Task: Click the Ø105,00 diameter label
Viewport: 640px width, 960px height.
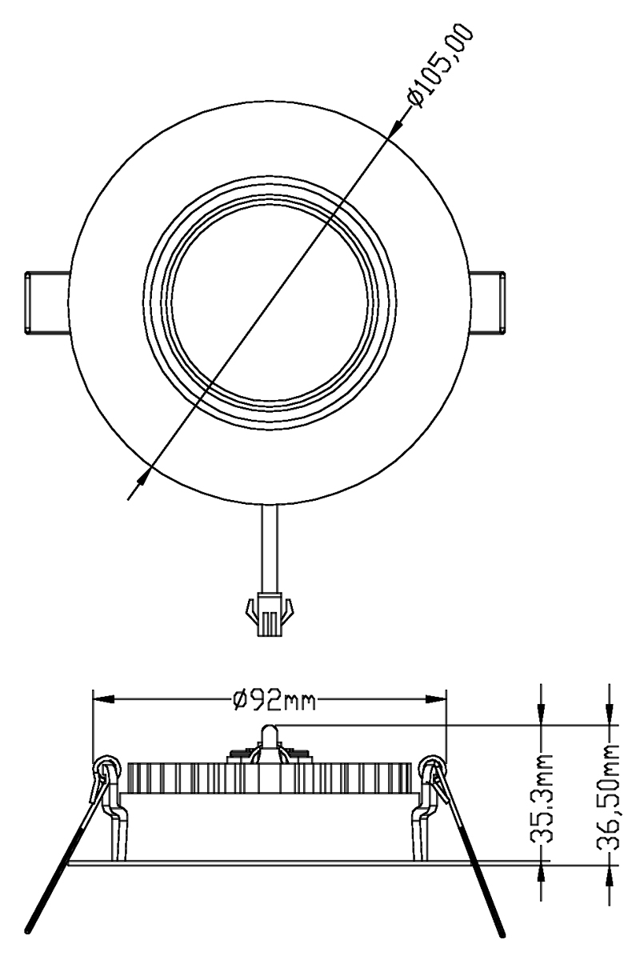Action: click(x=441, y=66)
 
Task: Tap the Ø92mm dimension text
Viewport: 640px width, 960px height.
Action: click(x=274, y=700)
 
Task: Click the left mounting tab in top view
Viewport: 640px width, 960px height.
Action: click(x=47, y=302)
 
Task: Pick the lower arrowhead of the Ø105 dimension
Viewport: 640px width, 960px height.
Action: click(x=144, y=476)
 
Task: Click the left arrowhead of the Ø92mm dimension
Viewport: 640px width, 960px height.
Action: click(x=104, y=700)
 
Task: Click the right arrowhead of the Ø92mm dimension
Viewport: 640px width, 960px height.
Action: click(x=436, y=700)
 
